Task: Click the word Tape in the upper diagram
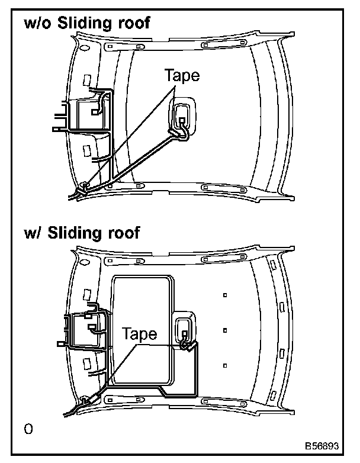pos(182,76)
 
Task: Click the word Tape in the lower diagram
pos(139,334)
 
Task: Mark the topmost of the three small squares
pos(225,295)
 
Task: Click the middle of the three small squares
pos(225,329)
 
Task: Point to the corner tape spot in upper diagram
pos(85,188)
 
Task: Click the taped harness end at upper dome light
pos(178,132)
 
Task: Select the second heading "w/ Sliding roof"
pos(81,233)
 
